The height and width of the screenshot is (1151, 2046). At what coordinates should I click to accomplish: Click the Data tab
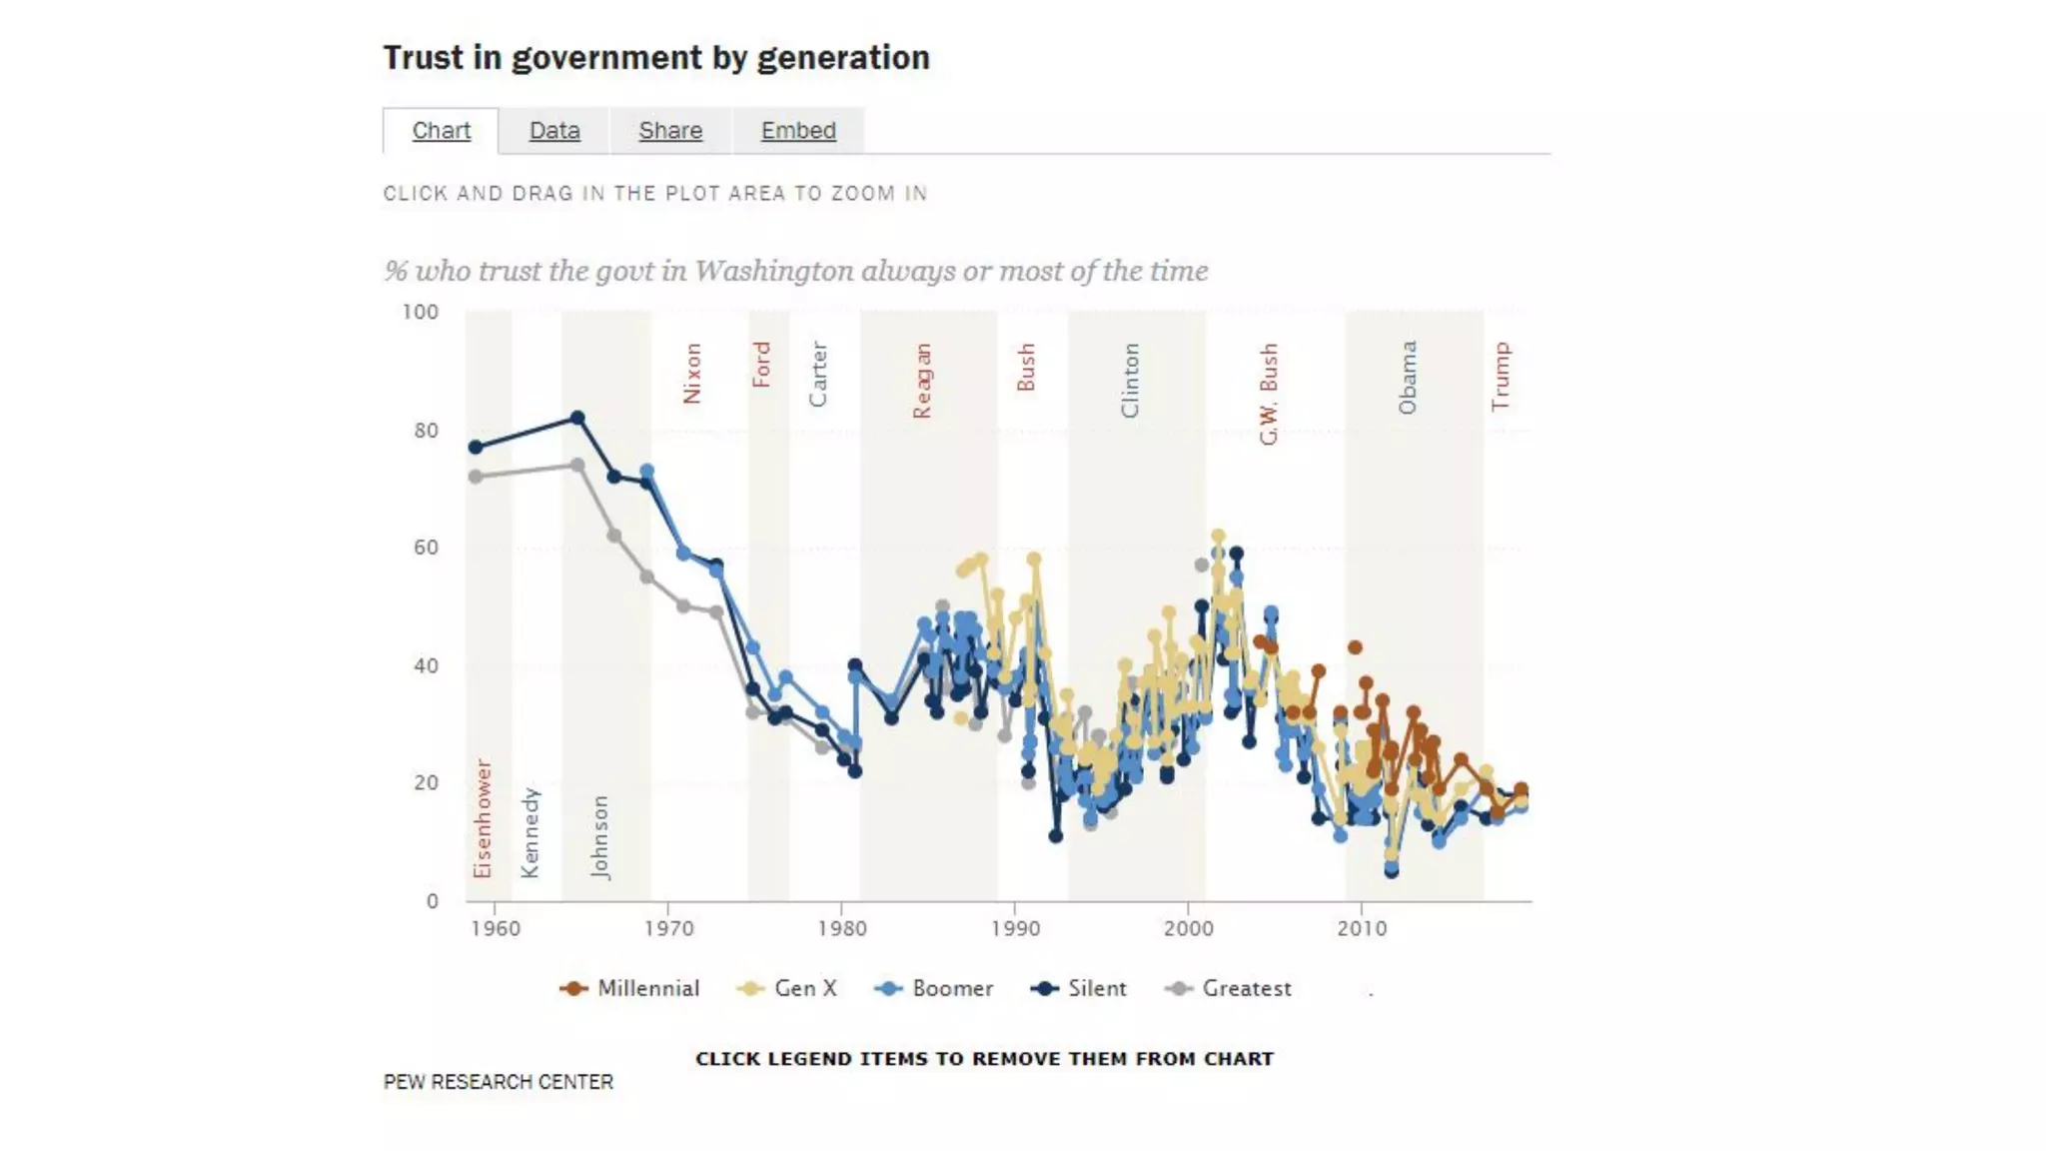coord(554,131)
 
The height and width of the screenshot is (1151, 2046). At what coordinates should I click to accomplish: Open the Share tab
coord(670,131)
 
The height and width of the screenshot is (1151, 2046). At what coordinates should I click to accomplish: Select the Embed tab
coord(798,131)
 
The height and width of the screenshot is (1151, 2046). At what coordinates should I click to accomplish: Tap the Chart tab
coord(441,131)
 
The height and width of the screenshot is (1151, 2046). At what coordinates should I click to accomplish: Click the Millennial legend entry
coord(630,988)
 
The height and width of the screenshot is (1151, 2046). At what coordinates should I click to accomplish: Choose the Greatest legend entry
coord(1229,988)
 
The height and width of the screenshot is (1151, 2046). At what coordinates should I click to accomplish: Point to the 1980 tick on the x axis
coord(842,928)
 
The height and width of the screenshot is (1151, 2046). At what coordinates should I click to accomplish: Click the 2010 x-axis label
coord(1362,928)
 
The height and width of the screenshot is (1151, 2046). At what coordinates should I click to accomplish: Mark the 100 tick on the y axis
coord(421,312)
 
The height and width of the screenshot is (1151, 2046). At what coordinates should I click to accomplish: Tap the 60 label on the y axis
coord(426,548)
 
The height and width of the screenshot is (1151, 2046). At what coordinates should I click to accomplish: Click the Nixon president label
coord(692,374)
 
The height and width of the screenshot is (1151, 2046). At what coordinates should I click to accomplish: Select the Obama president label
coord(1408,378)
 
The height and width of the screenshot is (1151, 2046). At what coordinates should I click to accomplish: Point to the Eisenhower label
coord(484,818)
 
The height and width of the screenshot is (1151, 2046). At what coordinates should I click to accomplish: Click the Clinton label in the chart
coord(1130,381)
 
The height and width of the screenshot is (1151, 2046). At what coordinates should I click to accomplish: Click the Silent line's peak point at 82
coord(577,418)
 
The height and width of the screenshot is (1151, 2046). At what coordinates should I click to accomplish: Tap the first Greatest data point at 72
coord(476,477)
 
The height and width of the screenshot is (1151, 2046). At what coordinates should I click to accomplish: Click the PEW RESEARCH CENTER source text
coord(499,1082)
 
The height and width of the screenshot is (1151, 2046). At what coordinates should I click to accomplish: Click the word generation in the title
coord(843,58)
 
